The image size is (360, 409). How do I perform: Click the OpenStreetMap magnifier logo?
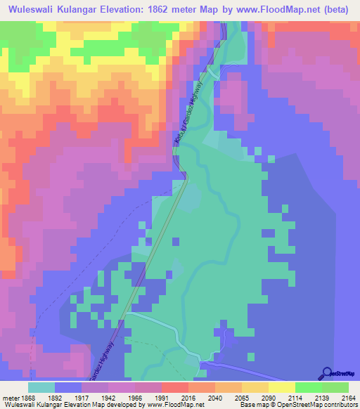pos(328,373)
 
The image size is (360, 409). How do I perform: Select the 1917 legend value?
pos(67,397)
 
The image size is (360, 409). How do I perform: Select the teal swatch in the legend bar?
pos(41,387)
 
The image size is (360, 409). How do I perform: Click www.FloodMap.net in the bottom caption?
pos(174,405)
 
